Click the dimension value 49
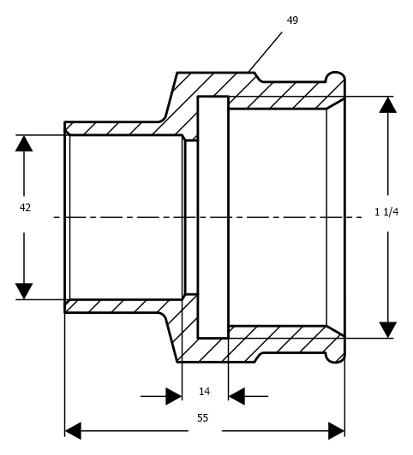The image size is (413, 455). [x=292, y=21]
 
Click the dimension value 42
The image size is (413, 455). [x=25, y=208]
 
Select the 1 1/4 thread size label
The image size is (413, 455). [x=386, y=212]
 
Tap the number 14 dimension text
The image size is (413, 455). [x=204, y=392]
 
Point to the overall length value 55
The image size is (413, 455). [x=202, y=418]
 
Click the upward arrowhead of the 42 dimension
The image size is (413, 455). [x=24, y=143]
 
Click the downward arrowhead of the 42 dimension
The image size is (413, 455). [x=24, y=291]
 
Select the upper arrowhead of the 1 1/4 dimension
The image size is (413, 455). [x=388, y=104]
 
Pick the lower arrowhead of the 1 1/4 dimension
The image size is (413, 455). [x=388, y=330]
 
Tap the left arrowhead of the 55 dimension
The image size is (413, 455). [x=73, y=431]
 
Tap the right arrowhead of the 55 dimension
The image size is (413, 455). [x=336, y=431]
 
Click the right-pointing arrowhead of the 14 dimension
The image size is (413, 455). [x=174, y=396]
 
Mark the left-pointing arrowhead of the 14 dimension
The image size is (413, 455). [x=236, y=396]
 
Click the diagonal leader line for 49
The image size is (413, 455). [x=266, y=52]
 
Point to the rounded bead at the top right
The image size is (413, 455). [x=336, y=78]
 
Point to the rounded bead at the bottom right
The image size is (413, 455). [x=336, y=357]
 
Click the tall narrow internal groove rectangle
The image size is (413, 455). [x=213, y=217]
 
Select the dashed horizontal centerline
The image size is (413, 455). [x=208, y=217]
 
